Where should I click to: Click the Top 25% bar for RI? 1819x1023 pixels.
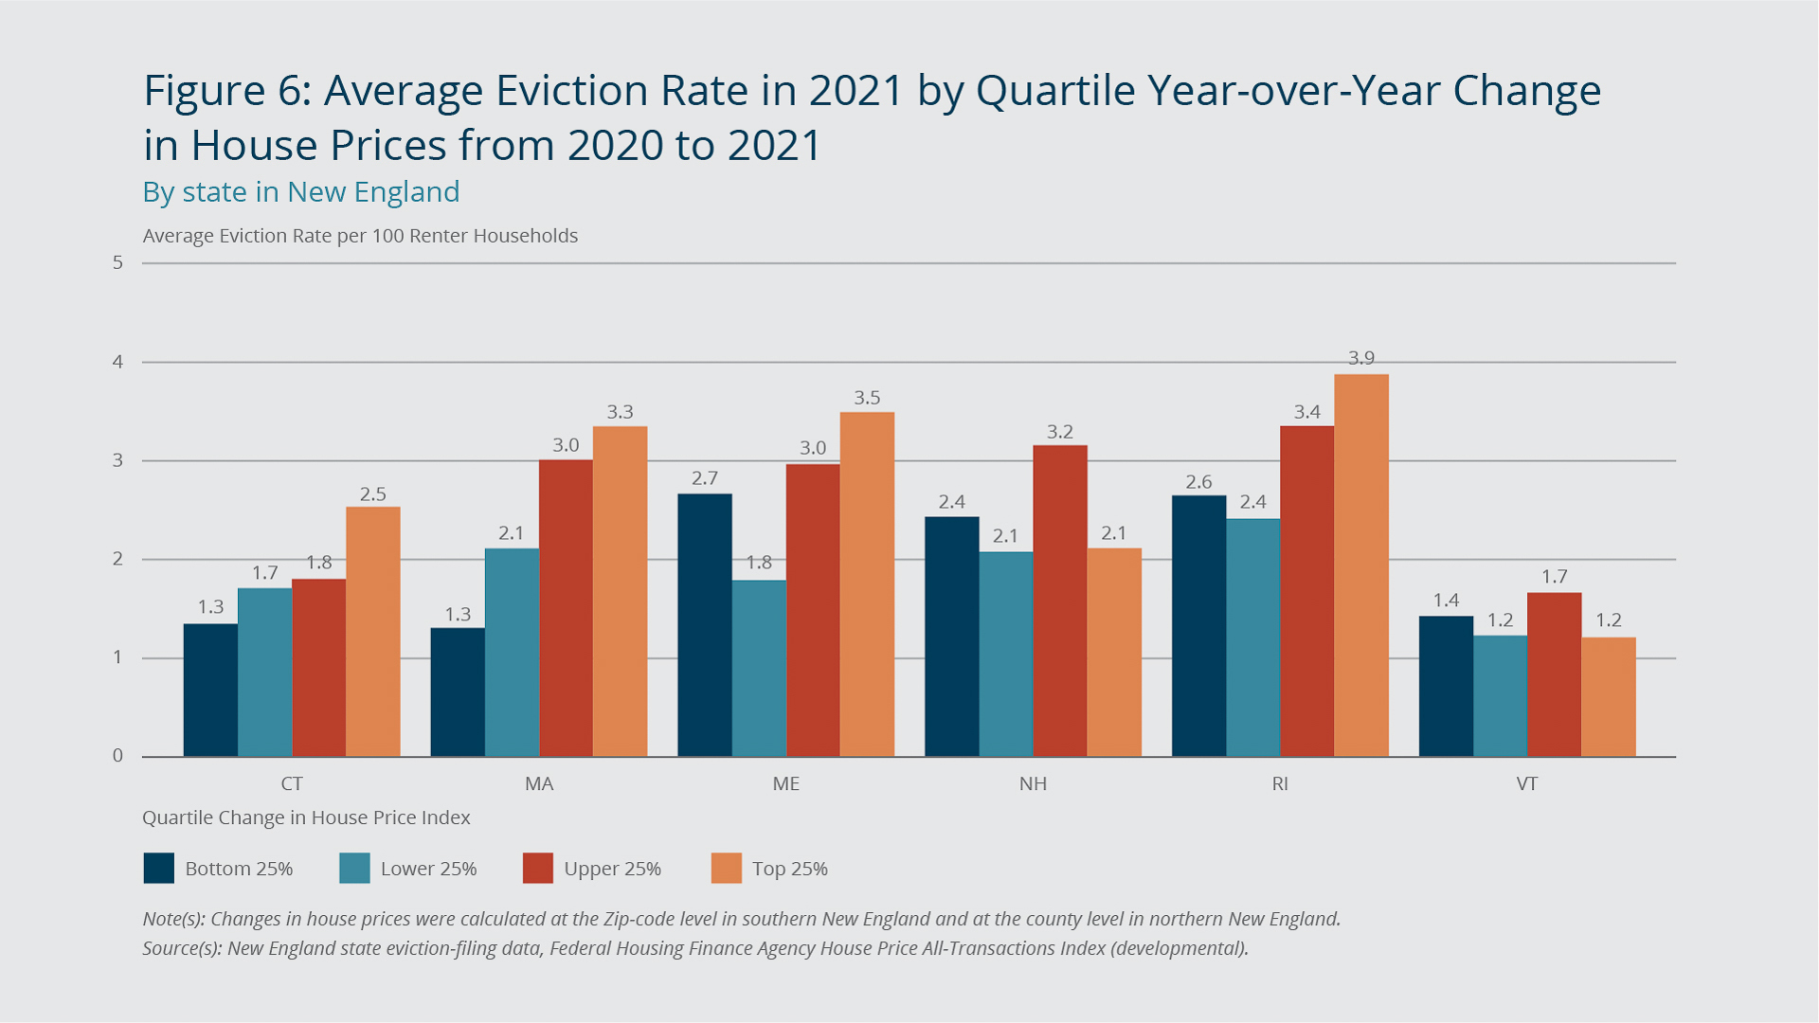coord(1361,565)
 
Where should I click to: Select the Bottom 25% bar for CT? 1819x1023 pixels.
coord(210,690)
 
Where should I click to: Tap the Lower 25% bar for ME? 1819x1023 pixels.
coord(759,668)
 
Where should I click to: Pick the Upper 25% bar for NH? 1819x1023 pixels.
coord(1060,601)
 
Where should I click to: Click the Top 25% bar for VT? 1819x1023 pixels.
coord(1609,696)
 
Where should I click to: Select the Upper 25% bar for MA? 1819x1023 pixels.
coord(566,608)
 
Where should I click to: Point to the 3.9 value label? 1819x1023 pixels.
coord(1361,358)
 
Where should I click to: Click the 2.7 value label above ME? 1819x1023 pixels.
coord(704,478)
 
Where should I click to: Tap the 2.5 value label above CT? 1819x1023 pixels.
coord(372,494)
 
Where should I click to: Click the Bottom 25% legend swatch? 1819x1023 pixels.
coord(159,869)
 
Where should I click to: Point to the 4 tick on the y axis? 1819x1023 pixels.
coord(118,362)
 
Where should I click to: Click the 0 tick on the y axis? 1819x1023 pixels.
coord(118,756)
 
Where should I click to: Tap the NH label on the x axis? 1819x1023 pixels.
coord(1033,784)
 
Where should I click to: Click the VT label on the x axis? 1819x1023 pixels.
coord(1526,784)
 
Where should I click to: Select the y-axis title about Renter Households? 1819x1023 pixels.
coord(360,236)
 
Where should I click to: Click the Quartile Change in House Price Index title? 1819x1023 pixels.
coord(306,817)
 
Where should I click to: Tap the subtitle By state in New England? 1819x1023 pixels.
coord(300,192)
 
